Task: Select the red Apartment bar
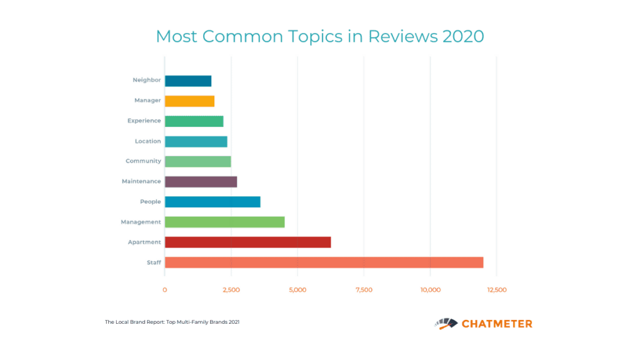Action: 247,242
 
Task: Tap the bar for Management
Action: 224,222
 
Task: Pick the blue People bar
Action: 212,202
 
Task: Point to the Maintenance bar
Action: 201,181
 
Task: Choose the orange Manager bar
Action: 189,101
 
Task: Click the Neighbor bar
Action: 188,81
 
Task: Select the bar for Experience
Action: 194,121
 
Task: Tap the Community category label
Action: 143,161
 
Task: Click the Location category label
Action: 147,141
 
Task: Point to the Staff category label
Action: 154,262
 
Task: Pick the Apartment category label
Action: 144,242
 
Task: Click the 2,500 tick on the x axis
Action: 231,290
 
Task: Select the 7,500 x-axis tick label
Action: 364,290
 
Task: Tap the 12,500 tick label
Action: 496,290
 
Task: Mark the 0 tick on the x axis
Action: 165,290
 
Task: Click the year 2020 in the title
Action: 463,36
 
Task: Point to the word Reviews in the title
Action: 403,36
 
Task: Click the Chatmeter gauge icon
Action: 446,323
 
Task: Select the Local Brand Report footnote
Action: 172,322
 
